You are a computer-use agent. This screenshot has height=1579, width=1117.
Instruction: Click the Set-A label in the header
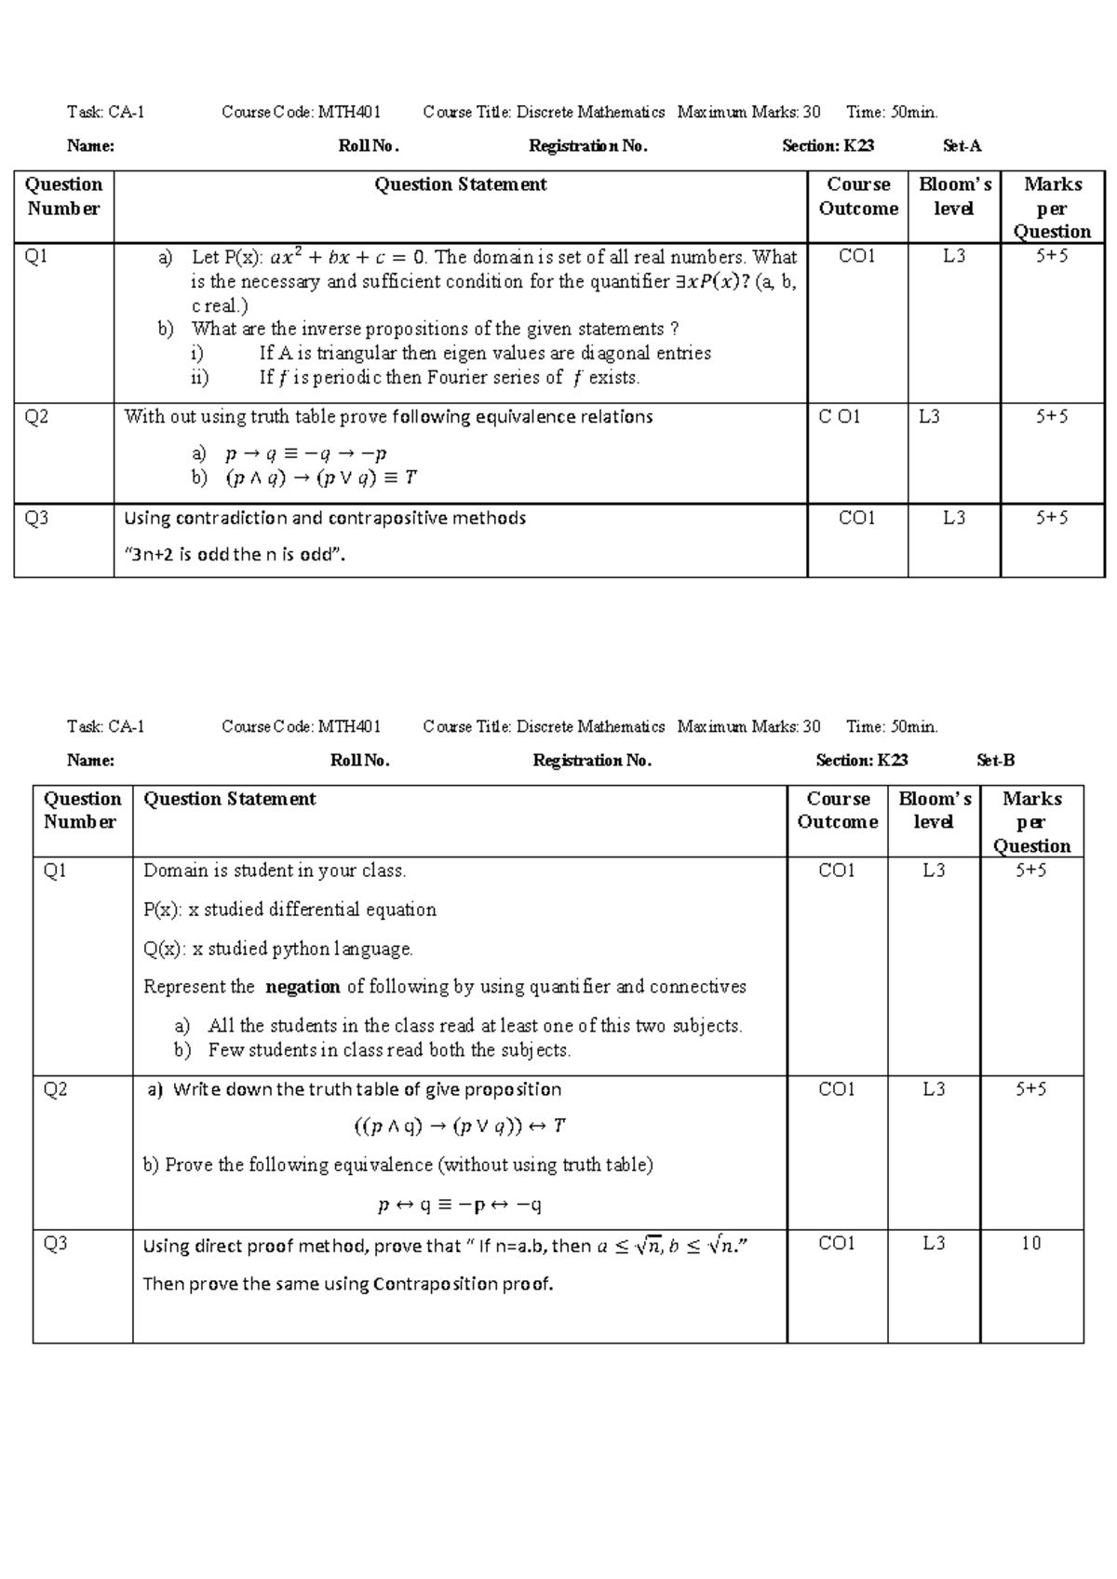962,146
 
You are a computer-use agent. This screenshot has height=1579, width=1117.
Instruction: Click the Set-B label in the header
995,761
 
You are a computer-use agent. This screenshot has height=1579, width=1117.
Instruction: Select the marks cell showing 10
1030,1244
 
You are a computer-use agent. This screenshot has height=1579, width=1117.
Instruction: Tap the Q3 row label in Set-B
56,1244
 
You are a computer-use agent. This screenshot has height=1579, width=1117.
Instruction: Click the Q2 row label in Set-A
36,417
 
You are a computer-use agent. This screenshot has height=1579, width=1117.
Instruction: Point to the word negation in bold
303,987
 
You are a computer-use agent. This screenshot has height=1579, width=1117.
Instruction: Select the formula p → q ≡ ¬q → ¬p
305,454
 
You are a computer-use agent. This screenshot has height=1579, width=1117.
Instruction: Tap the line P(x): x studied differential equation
289,910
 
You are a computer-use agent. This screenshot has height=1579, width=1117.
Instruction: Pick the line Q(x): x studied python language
278,949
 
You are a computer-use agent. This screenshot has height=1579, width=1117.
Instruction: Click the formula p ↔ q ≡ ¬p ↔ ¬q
459,1205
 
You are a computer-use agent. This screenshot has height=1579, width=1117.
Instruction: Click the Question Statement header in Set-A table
460,185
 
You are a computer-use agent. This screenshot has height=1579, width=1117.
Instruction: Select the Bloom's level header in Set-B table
934,810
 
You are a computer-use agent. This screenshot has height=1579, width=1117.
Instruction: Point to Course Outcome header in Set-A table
857,196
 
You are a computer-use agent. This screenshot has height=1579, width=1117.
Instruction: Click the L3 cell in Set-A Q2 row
929,417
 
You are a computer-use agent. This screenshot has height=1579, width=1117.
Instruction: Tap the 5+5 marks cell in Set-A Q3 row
1052,519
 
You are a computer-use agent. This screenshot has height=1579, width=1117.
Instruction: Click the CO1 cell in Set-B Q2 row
836,1089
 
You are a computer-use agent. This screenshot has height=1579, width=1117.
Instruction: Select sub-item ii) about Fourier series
449,378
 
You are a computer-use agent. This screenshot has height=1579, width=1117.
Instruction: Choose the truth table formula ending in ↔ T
459,1127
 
